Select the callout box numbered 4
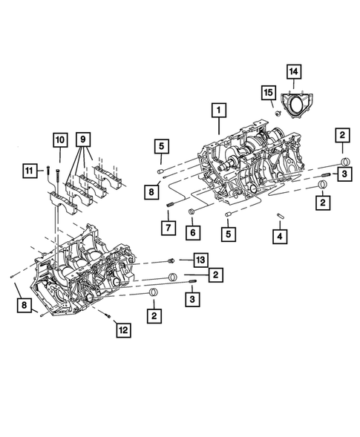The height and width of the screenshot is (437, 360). [280, 237]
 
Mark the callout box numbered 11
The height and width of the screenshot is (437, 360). [29, 171]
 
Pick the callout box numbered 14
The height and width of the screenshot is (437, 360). [295, 71]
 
